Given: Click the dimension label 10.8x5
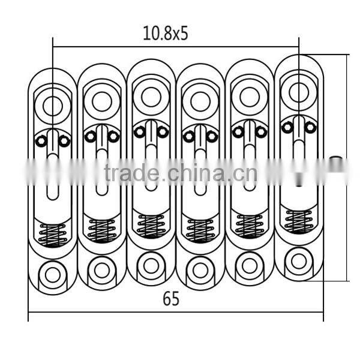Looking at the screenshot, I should point(166,34).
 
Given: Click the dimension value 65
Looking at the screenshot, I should point(171,299).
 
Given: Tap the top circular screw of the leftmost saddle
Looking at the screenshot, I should point(53,106).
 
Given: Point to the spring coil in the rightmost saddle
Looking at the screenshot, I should point(299,221).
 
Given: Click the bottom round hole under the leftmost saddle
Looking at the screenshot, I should point(53,275).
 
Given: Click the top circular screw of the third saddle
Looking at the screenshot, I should point(151,96).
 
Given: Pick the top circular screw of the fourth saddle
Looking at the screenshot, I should point(200,100).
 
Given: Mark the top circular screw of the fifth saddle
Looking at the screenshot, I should point(250,96).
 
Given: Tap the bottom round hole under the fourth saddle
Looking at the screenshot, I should point(200,270).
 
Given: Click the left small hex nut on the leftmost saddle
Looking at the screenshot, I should point(41,141).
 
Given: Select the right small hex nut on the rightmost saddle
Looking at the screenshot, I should point(310,127).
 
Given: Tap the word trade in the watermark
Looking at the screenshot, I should point(131,174).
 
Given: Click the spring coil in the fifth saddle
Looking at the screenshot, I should point(250,226).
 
